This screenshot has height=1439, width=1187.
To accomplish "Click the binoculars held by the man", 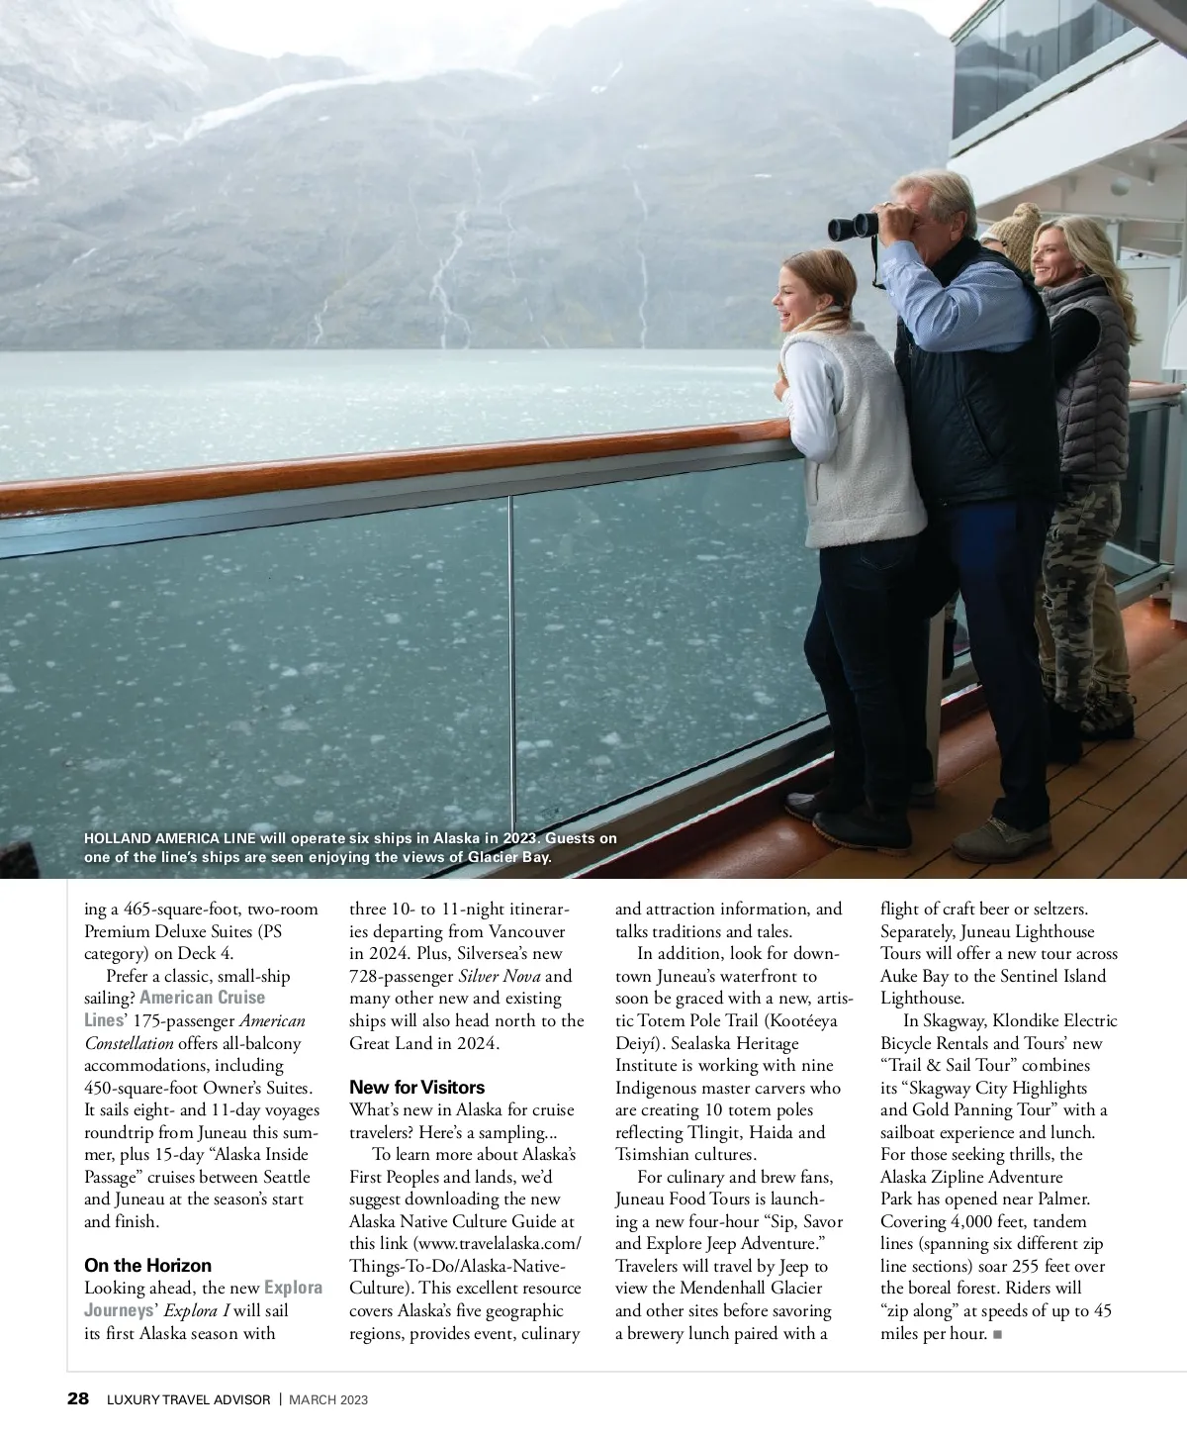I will coord(854,225).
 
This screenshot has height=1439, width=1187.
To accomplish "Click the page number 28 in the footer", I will coord(78,1398).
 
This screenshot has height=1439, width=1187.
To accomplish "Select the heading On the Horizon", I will coord(147,1265).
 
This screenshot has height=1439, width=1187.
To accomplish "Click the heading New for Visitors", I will coord(416,1087).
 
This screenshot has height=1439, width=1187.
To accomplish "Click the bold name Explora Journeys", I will coord(293,1288).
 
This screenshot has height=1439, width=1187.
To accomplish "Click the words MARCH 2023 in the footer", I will coord(329,1399).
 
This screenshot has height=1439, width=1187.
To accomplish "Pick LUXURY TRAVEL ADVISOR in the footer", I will coord(187,1399).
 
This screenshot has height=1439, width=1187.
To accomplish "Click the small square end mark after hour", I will coord(997,1334).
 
